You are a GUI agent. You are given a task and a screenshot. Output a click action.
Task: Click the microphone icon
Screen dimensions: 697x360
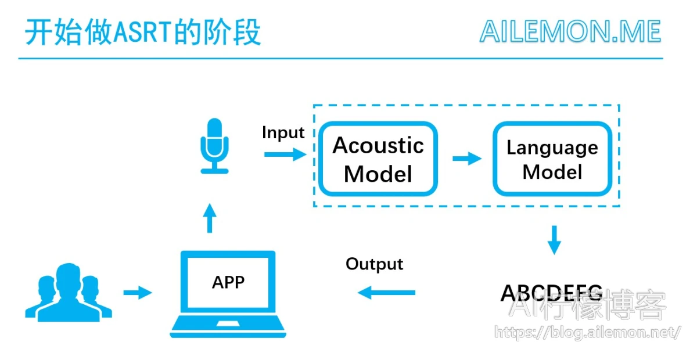click(214, 146)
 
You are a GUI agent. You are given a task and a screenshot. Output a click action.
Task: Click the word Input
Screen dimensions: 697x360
click(283, 132)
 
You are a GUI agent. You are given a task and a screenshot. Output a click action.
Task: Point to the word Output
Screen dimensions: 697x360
click(374, 264)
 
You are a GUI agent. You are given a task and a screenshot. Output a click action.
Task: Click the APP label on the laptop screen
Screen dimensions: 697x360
click(228, 283)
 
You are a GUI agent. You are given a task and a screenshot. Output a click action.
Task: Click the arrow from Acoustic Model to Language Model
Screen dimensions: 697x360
click(467, 159)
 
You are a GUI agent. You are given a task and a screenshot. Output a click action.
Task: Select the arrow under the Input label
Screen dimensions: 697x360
click(285, 154)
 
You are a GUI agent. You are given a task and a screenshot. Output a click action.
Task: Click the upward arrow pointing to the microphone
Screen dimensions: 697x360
click(210, 218)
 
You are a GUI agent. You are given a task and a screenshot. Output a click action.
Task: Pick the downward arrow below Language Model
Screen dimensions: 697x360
click(554, 240)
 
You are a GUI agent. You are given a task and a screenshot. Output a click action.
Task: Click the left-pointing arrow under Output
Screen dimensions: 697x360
click(386, 293)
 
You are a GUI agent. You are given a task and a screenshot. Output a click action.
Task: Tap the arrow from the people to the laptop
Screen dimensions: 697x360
click(138, 293)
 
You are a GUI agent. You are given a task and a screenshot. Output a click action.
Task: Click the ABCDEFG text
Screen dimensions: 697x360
click(552, 293)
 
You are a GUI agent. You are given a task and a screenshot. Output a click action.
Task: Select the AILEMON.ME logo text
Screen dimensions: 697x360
click(570, 31)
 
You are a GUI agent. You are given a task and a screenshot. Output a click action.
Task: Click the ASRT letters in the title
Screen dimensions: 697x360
click(142, 32)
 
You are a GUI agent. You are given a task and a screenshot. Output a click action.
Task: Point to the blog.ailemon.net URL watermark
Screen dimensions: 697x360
click(587, 333)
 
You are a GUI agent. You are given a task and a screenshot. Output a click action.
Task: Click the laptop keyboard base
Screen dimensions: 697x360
click(228, 327)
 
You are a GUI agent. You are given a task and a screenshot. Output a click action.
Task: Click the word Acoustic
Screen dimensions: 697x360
click(378, 145)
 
